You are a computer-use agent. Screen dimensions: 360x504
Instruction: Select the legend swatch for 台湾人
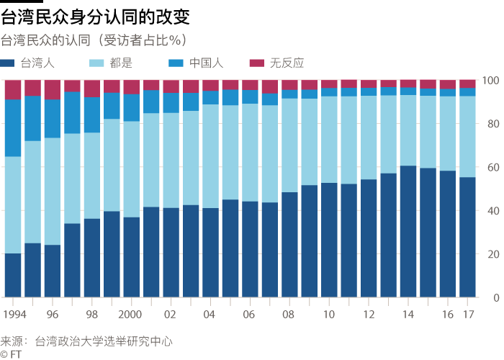9,63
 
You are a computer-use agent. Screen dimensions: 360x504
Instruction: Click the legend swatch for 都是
98,63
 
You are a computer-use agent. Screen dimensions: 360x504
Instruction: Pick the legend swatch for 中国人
175,63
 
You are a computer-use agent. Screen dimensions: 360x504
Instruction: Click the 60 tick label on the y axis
492,167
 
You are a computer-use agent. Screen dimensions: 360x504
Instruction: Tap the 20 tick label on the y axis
492,254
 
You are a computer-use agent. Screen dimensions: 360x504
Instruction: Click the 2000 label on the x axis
131,315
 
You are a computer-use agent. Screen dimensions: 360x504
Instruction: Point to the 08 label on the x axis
289,315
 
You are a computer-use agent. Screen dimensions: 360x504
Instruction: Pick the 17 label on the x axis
467,315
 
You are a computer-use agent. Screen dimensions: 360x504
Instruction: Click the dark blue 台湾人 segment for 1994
13,275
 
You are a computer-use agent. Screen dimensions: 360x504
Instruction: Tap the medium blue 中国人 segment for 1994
13,127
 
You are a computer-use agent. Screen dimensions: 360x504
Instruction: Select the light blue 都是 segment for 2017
467,137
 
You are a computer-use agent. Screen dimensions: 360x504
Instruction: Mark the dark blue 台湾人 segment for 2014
408,231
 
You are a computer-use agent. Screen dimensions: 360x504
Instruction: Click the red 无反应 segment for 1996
52,89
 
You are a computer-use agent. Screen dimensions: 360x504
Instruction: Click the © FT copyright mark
12,354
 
